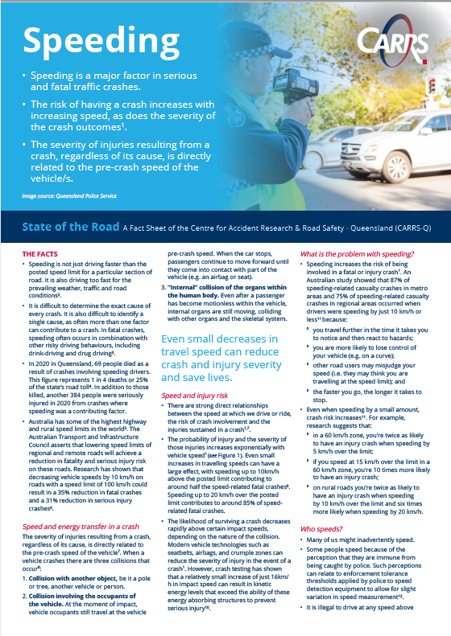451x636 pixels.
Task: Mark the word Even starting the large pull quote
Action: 177,340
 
